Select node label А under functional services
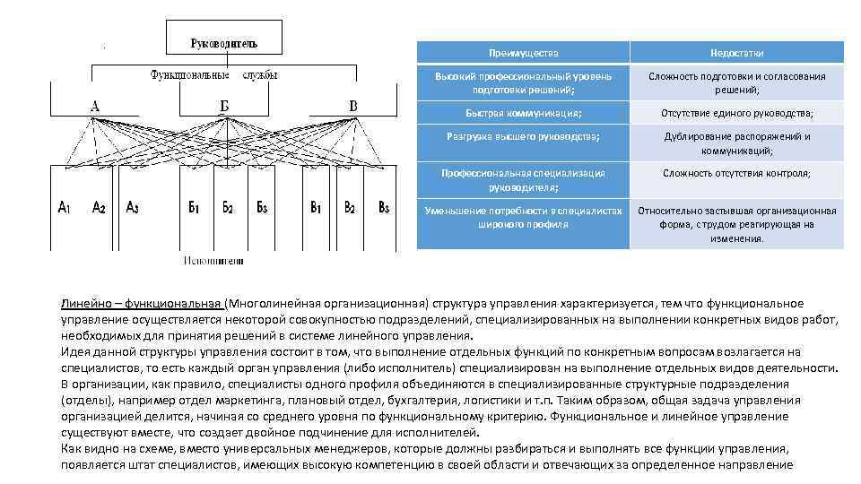point(95,107)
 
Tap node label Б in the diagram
point(223,107)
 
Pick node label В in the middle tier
point(353,107)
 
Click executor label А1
point(65,207)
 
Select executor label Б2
point(228,207)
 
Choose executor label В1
point(317,207)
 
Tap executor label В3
point(383,207)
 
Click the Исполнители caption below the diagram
point(213,261)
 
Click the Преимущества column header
point(524,53)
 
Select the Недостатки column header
point(736,53)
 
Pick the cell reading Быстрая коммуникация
point(524,113)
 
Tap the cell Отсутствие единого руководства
point(736,113)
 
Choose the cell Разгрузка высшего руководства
point(524,136)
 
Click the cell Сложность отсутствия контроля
point(736,173)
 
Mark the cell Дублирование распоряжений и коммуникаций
point(736,143)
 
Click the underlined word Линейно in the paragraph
point(84,304)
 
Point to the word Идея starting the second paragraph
point(76,352)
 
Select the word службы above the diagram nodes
point(259,75)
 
